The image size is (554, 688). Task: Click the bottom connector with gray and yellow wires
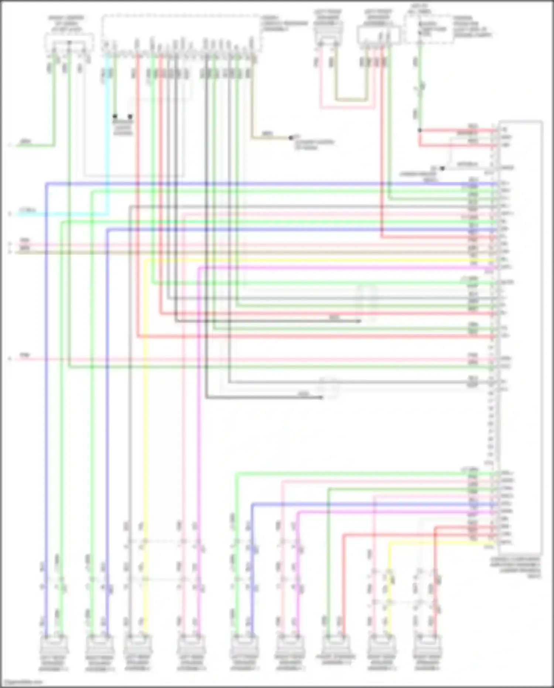[x=137, y=645]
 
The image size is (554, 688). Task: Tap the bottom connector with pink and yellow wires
[x=382, y=645]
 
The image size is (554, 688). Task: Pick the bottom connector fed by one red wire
[x=428, y=645]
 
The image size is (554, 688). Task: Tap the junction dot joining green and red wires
[x=420, y=130]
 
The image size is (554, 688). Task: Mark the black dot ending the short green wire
[x=115, y=116]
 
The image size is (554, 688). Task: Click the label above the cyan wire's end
[x=27, y=210]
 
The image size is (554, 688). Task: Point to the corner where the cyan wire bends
[x=108, y=214]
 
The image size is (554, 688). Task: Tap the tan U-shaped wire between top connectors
[x=351, y=99]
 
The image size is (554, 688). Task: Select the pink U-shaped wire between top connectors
[x=347, y=108]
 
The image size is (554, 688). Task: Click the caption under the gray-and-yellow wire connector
[x=137, y=665]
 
